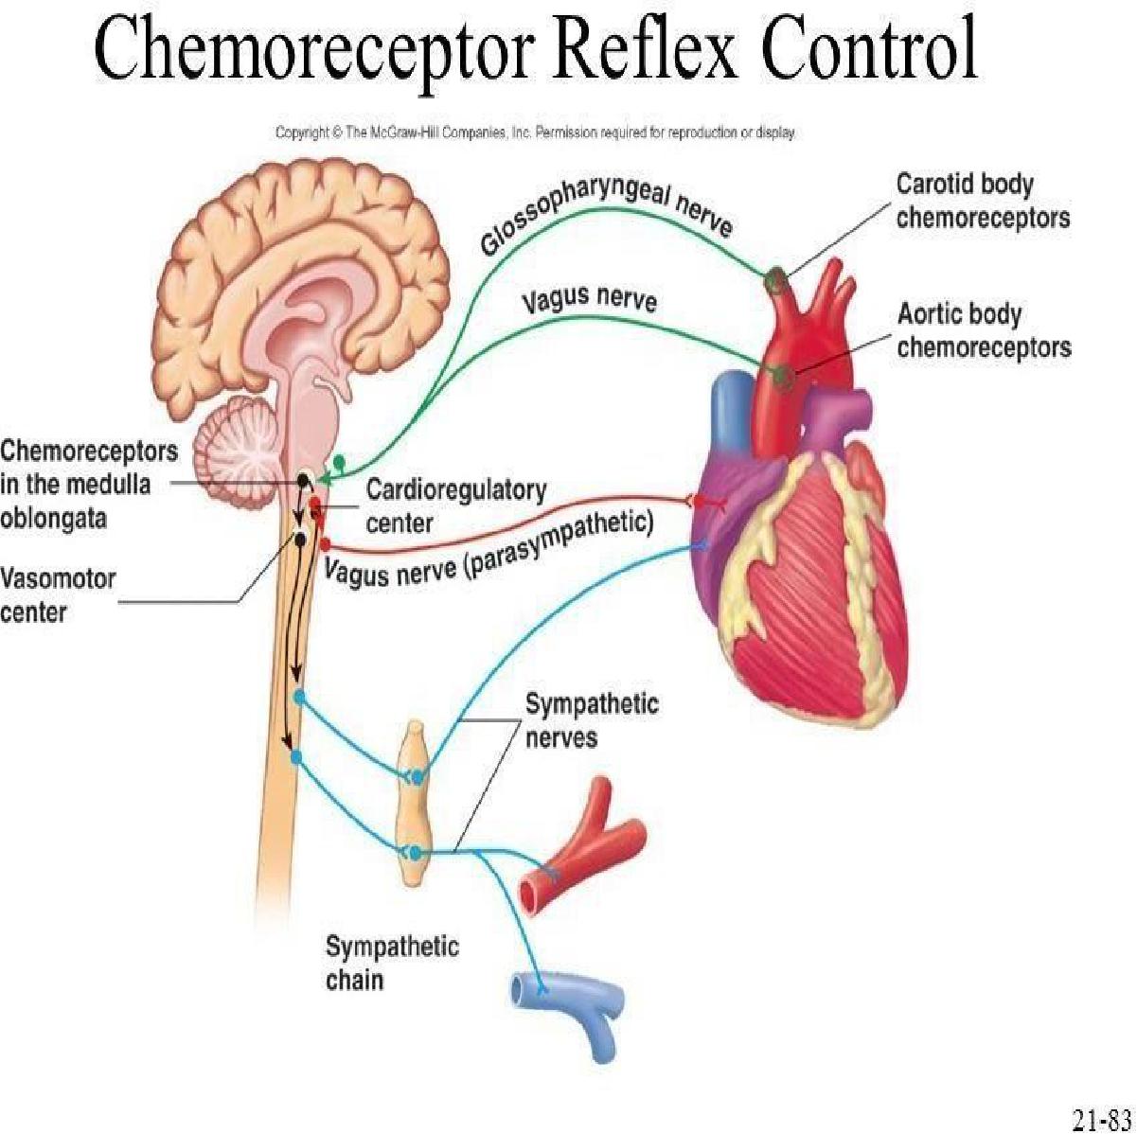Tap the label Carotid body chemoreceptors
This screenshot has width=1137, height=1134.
pos(983,201)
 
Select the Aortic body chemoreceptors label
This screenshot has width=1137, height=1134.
pos(984,330)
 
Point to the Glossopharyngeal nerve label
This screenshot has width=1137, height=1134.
pos(606,217)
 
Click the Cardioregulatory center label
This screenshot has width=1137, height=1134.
pos(456,505)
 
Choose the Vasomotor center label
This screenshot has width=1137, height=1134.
pos(58,595)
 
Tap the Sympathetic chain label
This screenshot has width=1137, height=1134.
pos(392,963)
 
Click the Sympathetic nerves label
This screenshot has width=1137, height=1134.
pos(592,719)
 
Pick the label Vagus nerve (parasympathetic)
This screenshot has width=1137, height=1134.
pos(489,550)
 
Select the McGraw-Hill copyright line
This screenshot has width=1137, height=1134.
pos(535,133)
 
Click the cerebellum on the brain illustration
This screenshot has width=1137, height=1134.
pos(241,445)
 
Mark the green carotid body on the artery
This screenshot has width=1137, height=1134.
pos(776,278)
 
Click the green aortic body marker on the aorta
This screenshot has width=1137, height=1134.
pos(781,376)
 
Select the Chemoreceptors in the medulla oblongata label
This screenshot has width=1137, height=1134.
pos(88,484)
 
